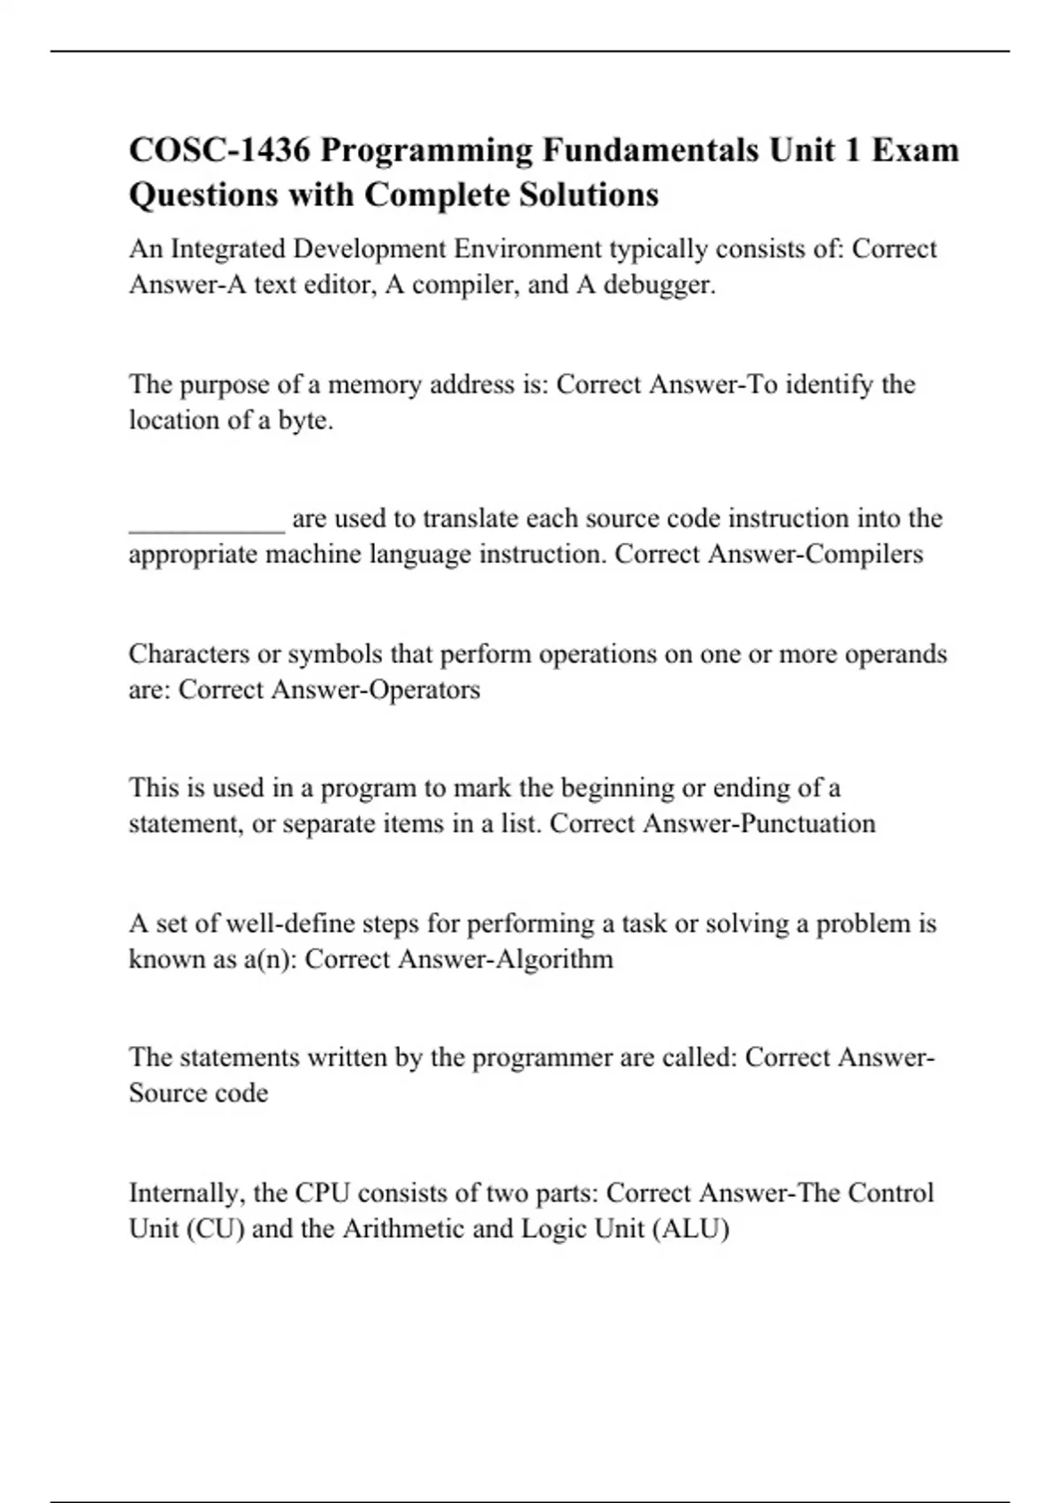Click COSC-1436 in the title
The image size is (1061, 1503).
(219, 150)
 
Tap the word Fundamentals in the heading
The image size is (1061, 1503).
(650, 150)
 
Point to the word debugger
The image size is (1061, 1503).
(660, 286)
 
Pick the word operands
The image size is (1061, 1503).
(896, 654)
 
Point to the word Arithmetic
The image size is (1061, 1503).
(403, 1229)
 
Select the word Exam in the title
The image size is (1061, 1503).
(916, 150)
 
